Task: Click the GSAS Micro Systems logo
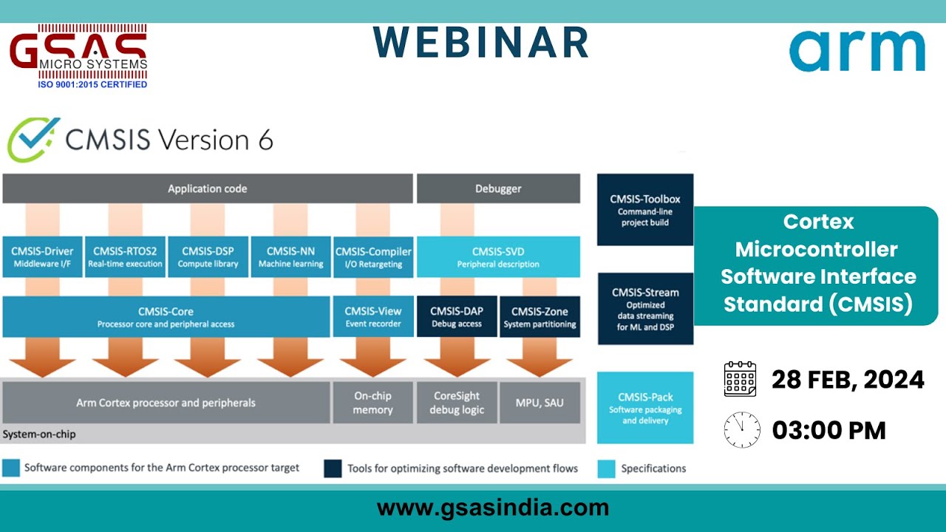pyautogui.click(x=78, y=56)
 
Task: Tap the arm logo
pyautogui.click(x=857, y=51)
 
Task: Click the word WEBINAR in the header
pyautogui.click(x=481, y=42)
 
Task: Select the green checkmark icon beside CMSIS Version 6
pyautogui.click(x=33, y=138)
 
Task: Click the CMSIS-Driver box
pyautogui.click(x=41, y=257)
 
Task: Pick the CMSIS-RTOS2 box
pyautogui.click(x=124, y=257)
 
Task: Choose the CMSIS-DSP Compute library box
pyautogui.click(x=208, y=257)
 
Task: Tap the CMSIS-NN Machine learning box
pyautogui.click(x=290, y=257)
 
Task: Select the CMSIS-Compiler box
pyautogui.click(x=373, y=257)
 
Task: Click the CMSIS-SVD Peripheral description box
pyautogui.click(x=498, y=257)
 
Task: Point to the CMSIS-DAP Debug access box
pyautogui.click(x=457, y=317)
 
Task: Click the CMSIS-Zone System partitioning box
pyautogui.click(x=540, y=317)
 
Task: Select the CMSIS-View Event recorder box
pyautogui.click(x=373, y=317)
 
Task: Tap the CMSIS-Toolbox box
pyautogui.click(x=645, y=210)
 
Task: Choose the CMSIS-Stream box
pyautogui.click(x=645, y=309)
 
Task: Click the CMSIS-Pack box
pyautogui.click(x=645, y=408)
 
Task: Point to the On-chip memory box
pyautogui.click(x=373, y=403)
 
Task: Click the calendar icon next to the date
pyautogui.click(x=740, y=379)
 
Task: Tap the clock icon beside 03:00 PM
pyautogui.click(x=742, y=430)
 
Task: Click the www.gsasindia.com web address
pyautogui.click(x=493, y=508)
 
